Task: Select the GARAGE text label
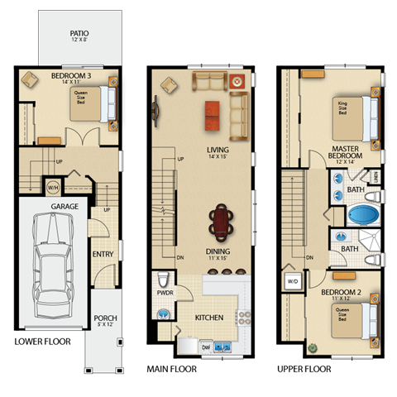(65, 205)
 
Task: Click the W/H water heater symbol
(53, 185)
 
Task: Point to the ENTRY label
(103, 254)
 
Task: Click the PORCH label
(105, 318)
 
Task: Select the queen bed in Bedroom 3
(102, 105)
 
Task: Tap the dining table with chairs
(222, 222)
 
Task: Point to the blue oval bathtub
(361, 216)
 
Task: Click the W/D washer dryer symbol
(292, 280)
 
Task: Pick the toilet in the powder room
(164, 314)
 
